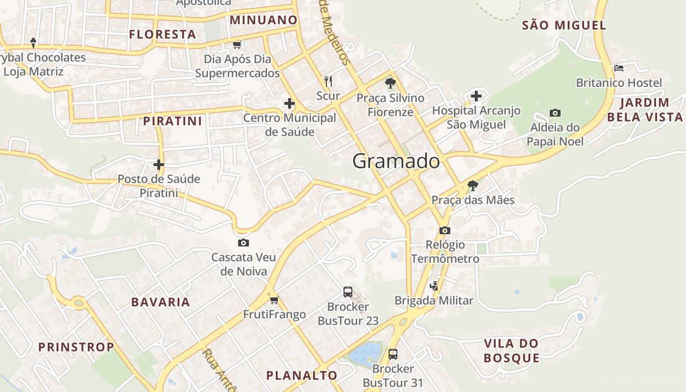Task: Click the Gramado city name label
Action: pos(396,161)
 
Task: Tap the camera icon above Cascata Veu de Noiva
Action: pos(243,243)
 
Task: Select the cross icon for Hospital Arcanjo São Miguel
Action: pos(476,96)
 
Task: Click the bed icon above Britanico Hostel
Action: pos(619,68)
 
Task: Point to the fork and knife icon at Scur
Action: pos(328,81)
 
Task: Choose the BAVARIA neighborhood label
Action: pos(160,302)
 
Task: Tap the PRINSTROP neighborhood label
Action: pos(76,347)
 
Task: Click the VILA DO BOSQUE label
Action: pos(511,350)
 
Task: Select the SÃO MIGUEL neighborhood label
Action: pos(564,25)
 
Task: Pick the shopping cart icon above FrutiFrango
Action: pos(274,299)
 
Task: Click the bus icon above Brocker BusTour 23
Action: pos(348,293)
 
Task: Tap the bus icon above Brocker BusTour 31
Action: pos(392,354)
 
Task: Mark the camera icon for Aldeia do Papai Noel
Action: pos(555,113)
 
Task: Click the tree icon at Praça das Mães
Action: pos(473,185)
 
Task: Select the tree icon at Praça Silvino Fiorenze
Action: pos(390,83)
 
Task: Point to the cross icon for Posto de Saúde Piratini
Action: pos(159,165)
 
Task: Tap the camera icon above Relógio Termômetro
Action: pos(444,230)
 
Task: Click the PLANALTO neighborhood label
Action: pos(301,376)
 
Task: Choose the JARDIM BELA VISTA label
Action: pos(644,110)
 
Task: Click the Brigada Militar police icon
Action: pos(434,286)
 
